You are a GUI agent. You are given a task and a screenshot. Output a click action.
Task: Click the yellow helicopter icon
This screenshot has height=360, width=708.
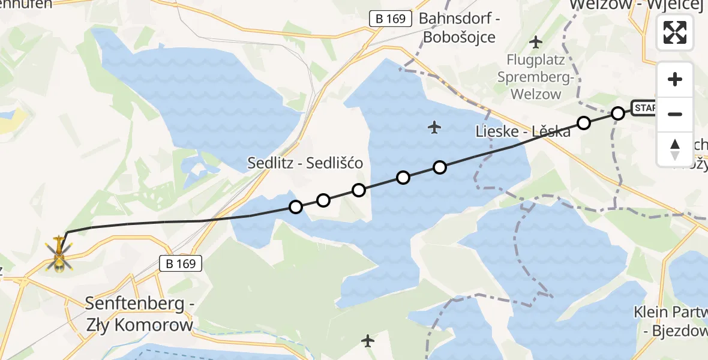[x=59, y=256]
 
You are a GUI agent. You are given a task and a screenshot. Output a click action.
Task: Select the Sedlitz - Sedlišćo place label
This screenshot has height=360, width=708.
[x=305, y=163]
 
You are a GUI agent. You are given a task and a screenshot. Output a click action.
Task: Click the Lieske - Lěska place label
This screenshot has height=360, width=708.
[x=522, y=131]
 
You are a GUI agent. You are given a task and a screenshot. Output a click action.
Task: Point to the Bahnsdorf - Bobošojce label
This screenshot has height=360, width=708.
[x=459, y=28]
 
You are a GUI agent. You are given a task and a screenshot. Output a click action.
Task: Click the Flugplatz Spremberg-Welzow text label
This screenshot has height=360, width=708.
[x=535, y=77]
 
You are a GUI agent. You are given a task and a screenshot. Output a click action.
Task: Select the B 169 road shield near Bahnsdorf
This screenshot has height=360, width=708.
[x=391, y=19]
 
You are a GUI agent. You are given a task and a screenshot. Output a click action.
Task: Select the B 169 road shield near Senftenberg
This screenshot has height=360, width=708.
[x=181, y=263]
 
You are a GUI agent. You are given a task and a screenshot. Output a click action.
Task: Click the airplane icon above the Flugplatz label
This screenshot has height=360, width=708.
[x=536, y=42]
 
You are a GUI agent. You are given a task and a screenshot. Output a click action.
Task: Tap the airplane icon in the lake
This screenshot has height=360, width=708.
[x=435, y=127]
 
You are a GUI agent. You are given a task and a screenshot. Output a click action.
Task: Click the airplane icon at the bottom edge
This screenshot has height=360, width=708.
[x=368, y=341]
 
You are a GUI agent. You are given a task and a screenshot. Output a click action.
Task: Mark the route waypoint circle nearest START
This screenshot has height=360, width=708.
[x=618, y=113]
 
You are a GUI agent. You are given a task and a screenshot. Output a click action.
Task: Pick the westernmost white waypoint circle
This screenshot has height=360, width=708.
[x=295, y=207]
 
